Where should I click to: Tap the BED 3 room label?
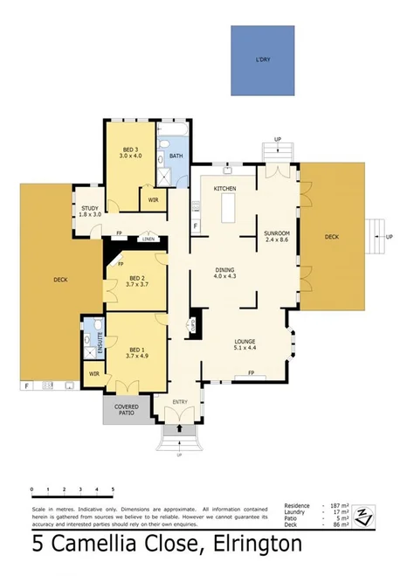[x=129, y=149]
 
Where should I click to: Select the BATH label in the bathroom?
[x=176, y=156]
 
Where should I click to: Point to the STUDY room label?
[x=90, y=208]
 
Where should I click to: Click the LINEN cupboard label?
[x=149, y=239]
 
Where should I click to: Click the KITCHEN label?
[x=226, y=188]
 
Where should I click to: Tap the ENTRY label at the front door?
[x=180, y=402]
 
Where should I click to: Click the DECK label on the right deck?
[x=331, y=236]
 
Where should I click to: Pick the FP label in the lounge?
[x=252, y=373]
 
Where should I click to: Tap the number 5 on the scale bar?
[x=113, y=489]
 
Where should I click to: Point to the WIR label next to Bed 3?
[x=153, y=200]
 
